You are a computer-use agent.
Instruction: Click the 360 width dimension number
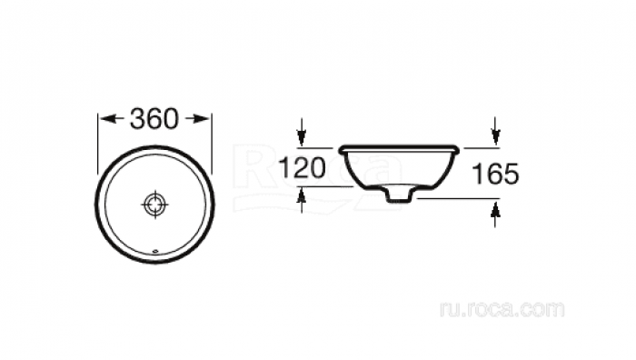154,118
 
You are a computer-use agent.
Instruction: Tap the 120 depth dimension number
303,168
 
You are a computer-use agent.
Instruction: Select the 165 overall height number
496,174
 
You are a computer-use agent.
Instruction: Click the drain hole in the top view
155,205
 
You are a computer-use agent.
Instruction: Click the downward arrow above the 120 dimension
301,131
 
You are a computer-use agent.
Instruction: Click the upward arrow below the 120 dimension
301,201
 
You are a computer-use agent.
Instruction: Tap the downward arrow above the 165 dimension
495,130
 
